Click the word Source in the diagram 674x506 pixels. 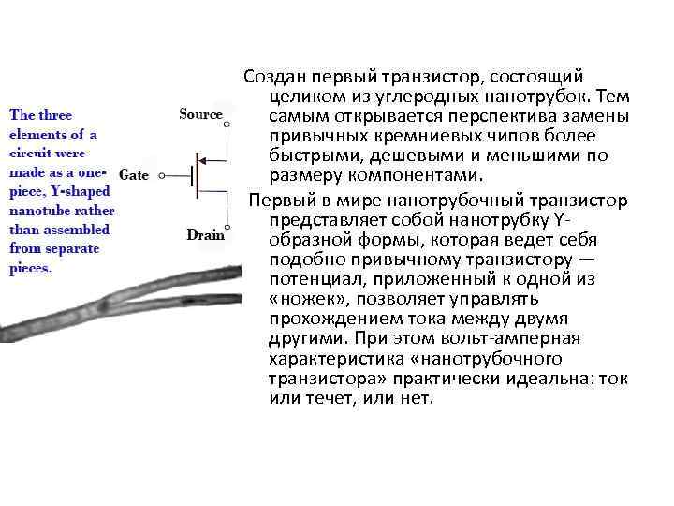pyautogui.click(x=200, y=115)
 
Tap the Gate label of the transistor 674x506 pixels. pyautogui.click(x=135, y=175)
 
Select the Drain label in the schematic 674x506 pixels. pyautogui.click(x=205, y=234)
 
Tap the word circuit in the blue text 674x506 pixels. pyautogui.click(x=31, y=154)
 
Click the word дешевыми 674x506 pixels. pyautogui.click(x=395, y=156)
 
